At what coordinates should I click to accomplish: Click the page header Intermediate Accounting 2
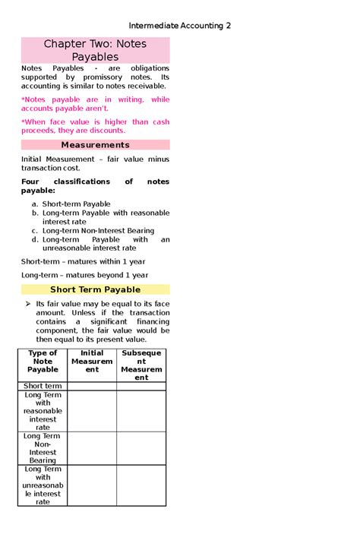[179, 26]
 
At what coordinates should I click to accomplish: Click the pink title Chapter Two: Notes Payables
[95, 50]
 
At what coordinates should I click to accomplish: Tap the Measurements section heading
[95, 144]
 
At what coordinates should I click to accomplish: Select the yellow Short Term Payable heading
[95, 289]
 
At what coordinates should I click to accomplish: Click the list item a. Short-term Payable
[76, 204]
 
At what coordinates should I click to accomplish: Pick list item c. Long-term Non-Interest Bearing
[98, 230]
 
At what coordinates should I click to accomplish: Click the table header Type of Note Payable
[43, 362]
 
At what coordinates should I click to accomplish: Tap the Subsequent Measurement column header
[141, 365]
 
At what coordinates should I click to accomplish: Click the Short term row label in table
[43, 386]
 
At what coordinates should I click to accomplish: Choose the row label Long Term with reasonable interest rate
[43, 411]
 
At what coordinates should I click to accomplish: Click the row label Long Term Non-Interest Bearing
[43, 448]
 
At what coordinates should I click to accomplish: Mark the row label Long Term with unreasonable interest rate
[43, 485]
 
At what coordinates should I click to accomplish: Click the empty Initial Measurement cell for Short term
[92, 386]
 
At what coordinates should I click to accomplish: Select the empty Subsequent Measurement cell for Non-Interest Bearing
[141, 448]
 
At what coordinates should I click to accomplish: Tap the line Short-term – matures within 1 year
[83, 261]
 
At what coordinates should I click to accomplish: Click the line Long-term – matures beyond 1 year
[84, 275]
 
